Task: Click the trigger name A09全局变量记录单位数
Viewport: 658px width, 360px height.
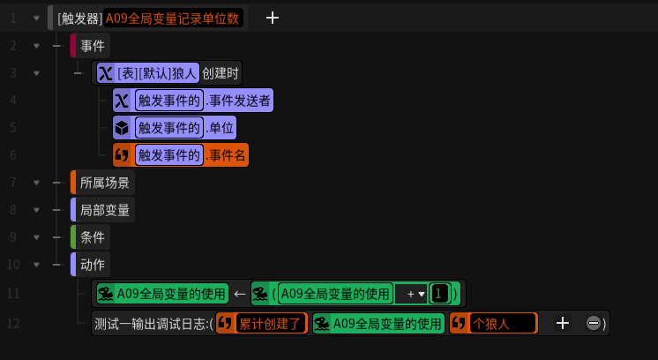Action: [173, 18]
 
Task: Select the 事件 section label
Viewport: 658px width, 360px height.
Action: [92, 46]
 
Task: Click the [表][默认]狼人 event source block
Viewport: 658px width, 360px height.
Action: [157, 73]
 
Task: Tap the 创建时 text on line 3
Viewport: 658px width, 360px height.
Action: [221, 73]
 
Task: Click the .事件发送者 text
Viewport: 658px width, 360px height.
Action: [239, 101]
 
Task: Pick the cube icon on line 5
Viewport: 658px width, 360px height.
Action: [122, 128]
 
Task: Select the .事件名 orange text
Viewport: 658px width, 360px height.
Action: [226, 155]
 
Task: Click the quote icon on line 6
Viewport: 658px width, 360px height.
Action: [122, 155]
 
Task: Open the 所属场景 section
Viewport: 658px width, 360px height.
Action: [104, 184]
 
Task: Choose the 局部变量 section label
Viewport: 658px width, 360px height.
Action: [104, 210]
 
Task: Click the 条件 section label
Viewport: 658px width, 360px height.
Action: [92, 237]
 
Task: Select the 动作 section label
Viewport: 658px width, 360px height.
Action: [92, 265]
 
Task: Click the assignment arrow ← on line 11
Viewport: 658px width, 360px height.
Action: [239, 294]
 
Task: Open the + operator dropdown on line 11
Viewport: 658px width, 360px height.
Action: [411, 294]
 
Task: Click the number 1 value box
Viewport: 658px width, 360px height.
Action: [439, 294]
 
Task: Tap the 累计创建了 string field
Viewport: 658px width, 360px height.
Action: [272, 324]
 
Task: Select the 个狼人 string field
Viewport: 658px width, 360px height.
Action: [501, 324]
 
